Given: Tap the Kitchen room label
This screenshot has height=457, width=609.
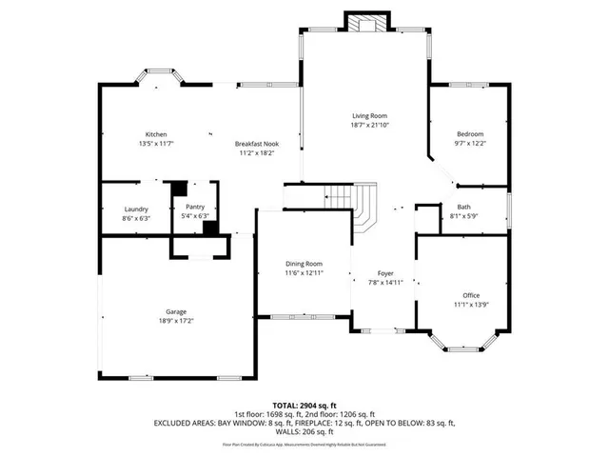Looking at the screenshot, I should point(156,134).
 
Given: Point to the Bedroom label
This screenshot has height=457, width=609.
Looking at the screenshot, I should point(469,134).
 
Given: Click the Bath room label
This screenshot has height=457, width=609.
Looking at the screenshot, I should point(463,207).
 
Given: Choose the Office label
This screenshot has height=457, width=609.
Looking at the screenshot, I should point(471,295).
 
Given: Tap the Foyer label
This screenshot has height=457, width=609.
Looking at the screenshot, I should point(385,272).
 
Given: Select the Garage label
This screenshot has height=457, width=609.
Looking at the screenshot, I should point(176,311).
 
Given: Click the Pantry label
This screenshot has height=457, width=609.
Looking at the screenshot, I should point(195,207).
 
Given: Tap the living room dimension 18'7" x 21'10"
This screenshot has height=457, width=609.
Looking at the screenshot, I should point(370,125).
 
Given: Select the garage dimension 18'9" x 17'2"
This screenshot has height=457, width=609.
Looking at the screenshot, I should point(176,321).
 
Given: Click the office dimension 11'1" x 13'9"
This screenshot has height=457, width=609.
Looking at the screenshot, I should point(471,306).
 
